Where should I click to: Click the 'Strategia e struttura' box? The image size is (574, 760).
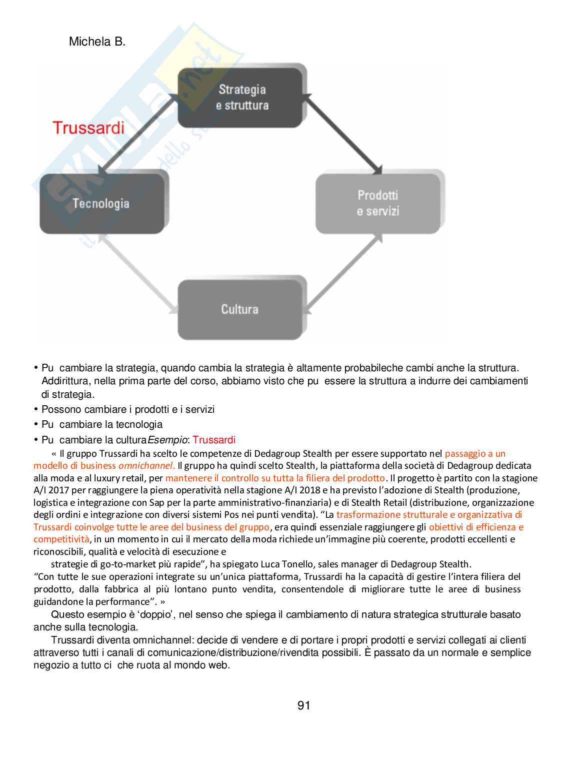point(241,98)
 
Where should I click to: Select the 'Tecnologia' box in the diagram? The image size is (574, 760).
point(101,204)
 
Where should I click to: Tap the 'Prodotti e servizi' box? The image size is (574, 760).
point(378,203)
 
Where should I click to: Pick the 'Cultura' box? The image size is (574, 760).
point(240,309)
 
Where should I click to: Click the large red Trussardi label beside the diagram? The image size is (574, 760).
point(88,128)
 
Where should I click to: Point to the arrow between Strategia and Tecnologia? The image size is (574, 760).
point(138,135)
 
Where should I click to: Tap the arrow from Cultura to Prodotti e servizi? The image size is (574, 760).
point(344,273)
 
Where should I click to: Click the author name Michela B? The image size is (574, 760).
point(97,42)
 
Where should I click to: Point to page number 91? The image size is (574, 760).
point(303,705)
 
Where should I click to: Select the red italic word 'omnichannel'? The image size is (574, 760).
point(145,466)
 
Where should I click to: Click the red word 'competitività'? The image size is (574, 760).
point(61,539)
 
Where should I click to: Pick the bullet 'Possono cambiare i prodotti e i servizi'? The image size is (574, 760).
point(128,409)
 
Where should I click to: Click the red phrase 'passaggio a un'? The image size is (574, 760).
point(475,454)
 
